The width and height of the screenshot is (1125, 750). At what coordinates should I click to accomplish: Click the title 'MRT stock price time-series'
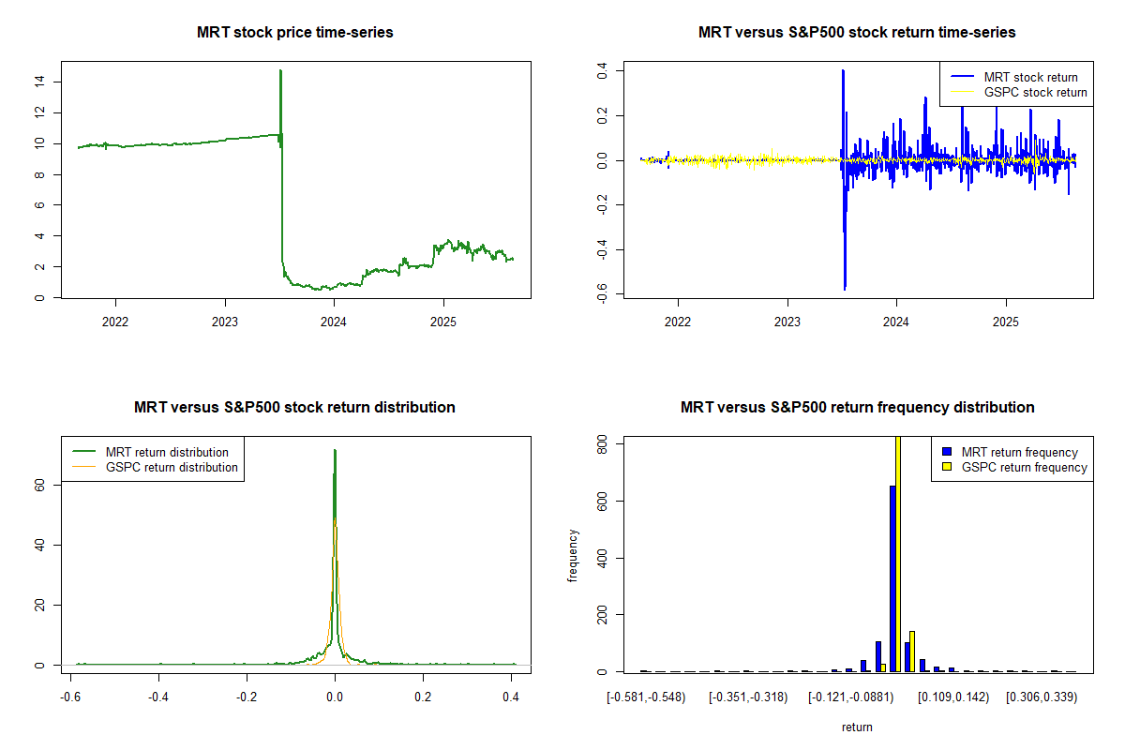click(294, 32)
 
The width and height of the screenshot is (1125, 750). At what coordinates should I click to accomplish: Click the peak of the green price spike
click(280, 70)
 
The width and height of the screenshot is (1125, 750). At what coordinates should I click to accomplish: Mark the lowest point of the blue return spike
click(845, 289)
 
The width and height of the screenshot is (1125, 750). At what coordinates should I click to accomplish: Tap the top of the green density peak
click(335, 450)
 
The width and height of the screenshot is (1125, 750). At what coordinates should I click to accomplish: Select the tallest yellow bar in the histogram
click(897, 553)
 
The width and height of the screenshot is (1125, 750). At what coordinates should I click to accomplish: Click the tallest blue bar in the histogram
click(892, 577)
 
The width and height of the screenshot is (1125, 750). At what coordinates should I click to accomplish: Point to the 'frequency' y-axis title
click(574, 556)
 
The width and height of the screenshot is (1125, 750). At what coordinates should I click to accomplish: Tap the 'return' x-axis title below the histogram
click(857, 727)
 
